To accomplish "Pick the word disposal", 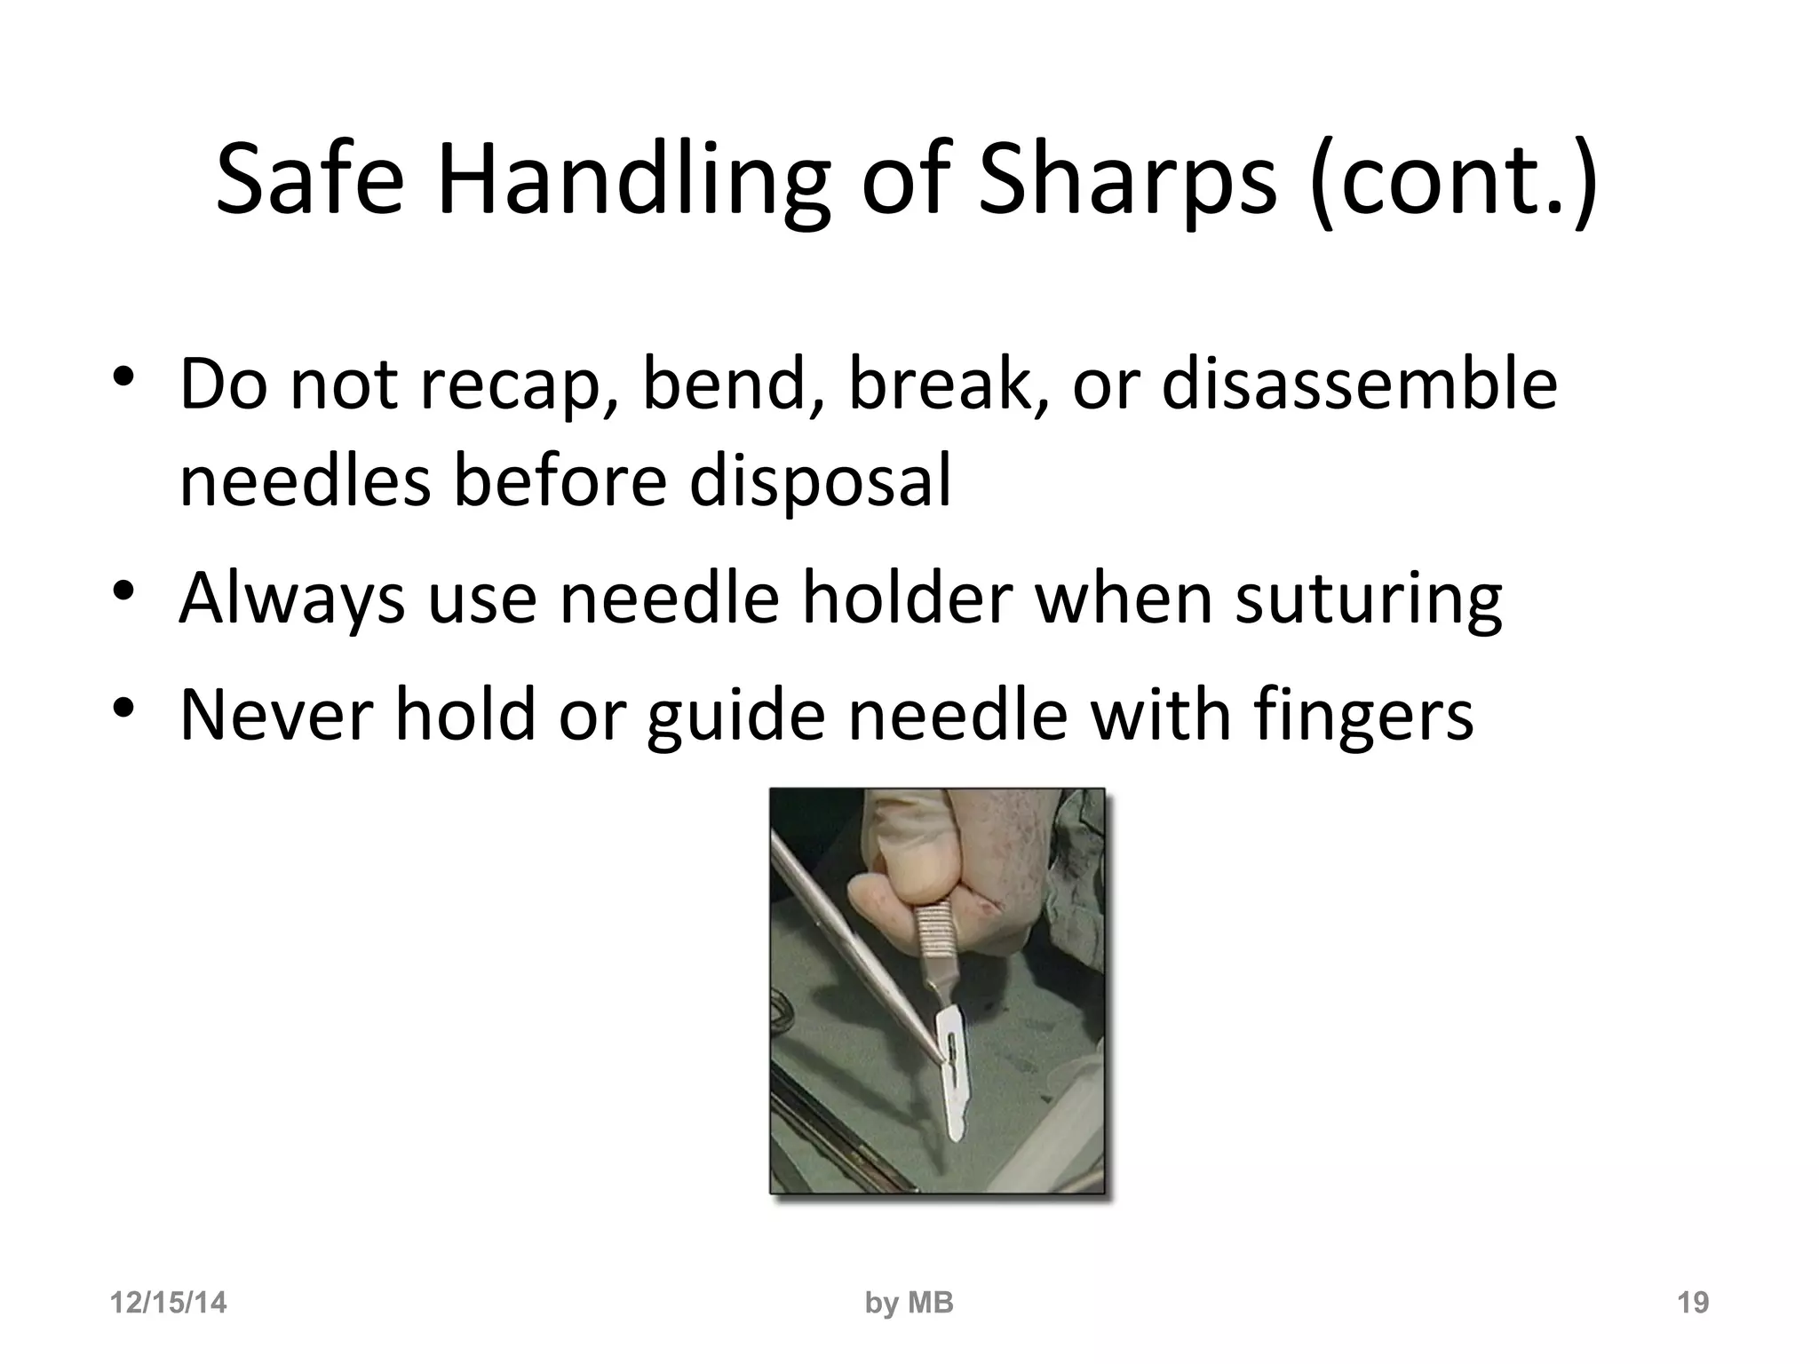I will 819,480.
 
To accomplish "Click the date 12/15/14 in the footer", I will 168,1303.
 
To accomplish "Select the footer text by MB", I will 909,1303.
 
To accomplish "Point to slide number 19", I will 1692,1303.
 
